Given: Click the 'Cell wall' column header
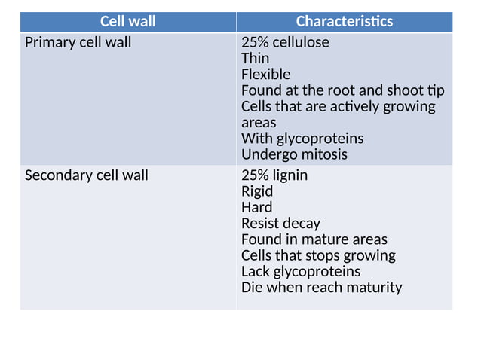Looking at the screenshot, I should pos(127,21).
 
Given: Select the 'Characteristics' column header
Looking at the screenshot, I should pos(344,21).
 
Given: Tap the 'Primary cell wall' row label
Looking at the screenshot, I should pos(78,42).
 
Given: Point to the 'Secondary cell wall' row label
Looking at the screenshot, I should pos(87,175).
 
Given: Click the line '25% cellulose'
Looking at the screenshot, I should pos(285,42).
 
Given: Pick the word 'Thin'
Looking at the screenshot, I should pos(254,58).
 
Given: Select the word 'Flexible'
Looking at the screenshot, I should pos(265,74).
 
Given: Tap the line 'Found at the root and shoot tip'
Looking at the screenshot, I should pos(342,90).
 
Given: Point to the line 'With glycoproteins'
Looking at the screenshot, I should pos(302,139).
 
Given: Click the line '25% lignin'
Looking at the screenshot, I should pos(274,175).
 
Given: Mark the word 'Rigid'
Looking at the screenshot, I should pos(257,191).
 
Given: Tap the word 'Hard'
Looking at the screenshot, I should pos(257,207).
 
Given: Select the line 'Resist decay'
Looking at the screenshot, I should pos(280,224).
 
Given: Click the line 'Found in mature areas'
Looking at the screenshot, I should pos(314,239).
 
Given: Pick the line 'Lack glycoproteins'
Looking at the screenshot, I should pos(301,271).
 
